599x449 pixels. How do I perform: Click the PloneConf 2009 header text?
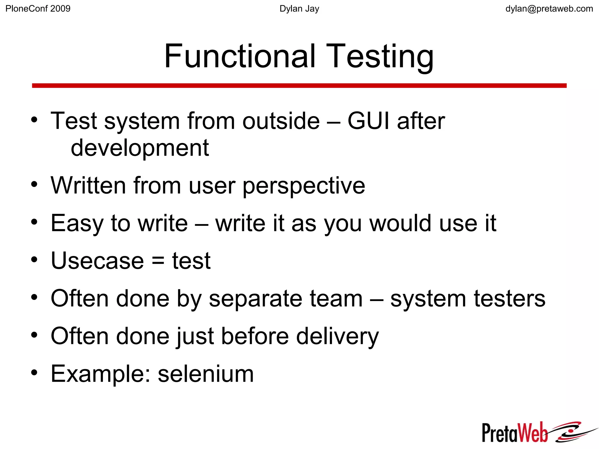click(x=38, y=9)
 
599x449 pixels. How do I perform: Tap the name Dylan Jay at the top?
click(x=299, y=9)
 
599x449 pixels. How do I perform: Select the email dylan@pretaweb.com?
click(x=549, y=9)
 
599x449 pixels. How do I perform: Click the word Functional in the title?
click(x=240, y=56)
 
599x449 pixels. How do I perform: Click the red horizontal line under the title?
click(x=299, y=86)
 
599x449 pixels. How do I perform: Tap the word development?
click(x=140, y=148)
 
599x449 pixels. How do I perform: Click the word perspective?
click(x=304, y=186)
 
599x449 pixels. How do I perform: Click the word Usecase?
click(x=97, y=261)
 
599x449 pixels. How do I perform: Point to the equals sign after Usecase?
click(x=158, y=261)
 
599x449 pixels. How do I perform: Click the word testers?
click(x=510, y=299)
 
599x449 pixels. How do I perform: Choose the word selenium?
click(x=206, y=374)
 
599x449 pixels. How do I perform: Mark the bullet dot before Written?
click(x=35, y=185)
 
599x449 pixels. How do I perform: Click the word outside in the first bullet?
click(x=281, y=121)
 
